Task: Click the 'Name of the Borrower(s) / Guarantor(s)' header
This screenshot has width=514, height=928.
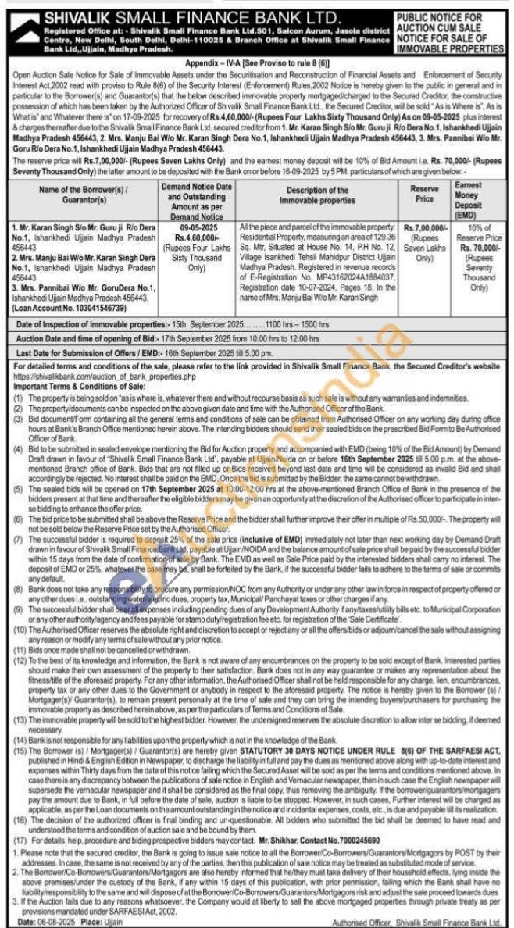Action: tap(84, 195)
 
